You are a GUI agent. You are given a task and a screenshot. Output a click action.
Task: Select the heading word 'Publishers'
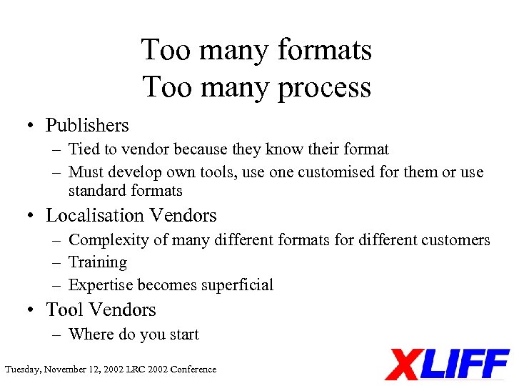tap(87, 126)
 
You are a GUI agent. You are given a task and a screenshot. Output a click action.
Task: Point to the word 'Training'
tap(97, 263)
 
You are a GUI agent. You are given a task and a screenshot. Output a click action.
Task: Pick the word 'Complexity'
tap(106, 240)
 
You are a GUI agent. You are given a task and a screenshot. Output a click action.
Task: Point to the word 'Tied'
tap(84, 149)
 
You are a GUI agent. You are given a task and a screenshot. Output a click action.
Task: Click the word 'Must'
tap(84, 172)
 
